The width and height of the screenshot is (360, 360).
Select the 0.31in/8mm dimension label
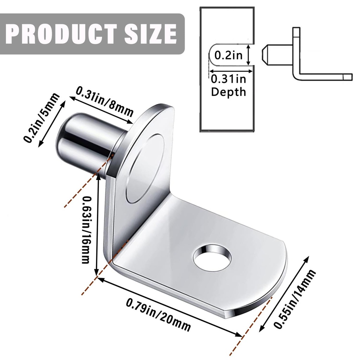pyautogui.click(x=105, y=102)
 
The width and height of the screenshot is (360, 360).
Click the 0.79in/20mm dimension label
pyautogui.click(x=158, y=314)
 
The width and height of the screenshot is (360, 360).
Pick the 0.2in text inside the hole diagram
pyautogui.click(x=229, y=56)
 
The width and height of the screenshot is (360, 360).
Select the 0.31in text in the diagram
pyautogui.click(x=228, y=79)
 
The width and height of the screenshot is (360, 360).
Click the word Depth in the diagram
pyautogui.click(x=229, y=92)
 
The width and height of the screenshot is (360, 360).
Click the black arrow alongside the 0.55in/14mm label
pyautogui.click(x=284, y=294)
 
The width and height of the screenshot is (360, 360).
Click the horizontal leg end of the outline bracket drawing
pyautogui.click(x=348, y=77)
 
